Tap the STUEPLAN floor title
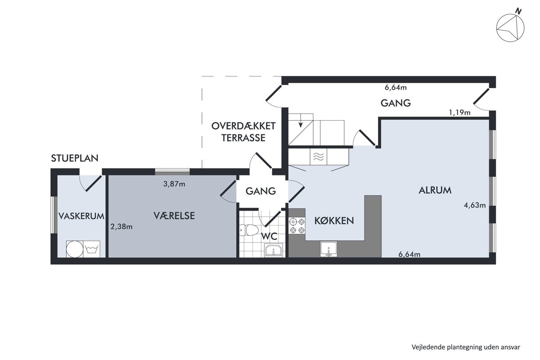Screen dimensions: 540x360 pos(75,158)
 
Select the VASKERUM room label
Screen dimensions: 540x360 pos(81,216)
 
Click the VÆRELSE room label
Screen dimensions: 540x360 pos(174,216)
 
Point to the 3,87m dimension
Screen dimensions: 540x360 pos(174,184)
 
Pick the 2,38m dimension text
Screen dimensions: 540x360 pos(121,227)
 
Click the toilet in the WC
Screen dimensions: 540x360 pos(248,230)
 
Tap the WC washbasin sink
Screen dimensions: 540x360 pos(274,250)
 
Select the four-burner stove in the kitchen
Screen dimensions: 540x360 pos(297,226)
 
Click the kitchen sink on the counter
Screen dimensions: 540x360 pos(328,248)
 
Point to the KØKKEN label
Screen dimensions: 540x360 pos(334,220)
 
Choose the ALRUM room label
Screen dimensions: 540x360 pos(435,190)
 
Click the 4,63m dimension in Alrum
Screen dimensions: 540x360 pos(475,205)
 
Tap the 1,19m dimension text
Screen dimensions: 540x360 pos(459,112)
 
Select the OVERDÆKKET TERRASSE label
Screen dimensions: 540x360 pos(243,132)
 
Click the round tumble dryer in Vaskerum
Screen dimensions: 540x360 pos(75,249)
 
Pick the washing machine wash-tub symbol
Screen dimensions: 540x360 pos(92,249)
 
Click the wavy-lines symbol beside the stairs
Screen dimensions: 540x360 pos(319,157)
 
